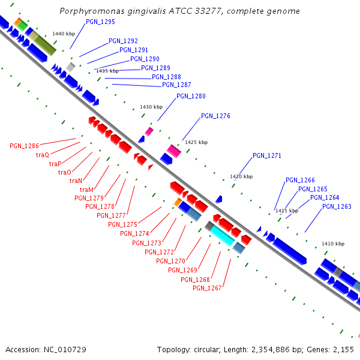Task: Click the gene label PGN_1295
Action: coord(100,22)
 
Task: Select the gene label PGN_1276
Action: coord(215,116)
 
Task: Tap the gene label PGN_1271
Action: coord(267,155)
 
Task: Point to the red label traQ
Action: coord(43,155)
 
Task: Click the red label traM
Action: coord(86,190)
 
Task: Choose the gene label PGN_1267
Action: coord(207,288)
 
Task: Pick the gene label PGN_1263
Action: coord(337,206)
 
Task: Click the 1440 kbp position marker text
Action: coord(64,34)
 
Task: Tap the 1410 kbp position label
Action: coord(333,244)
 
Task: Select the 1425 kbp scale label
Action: coord(196,142)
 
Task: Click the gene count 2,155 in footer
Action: coord(343,349)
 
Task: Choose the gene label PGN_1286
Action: coord(24,146)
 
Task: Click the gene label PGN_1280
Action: coord(191,96)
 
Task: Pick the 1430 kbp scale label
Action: coord(151,107)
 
